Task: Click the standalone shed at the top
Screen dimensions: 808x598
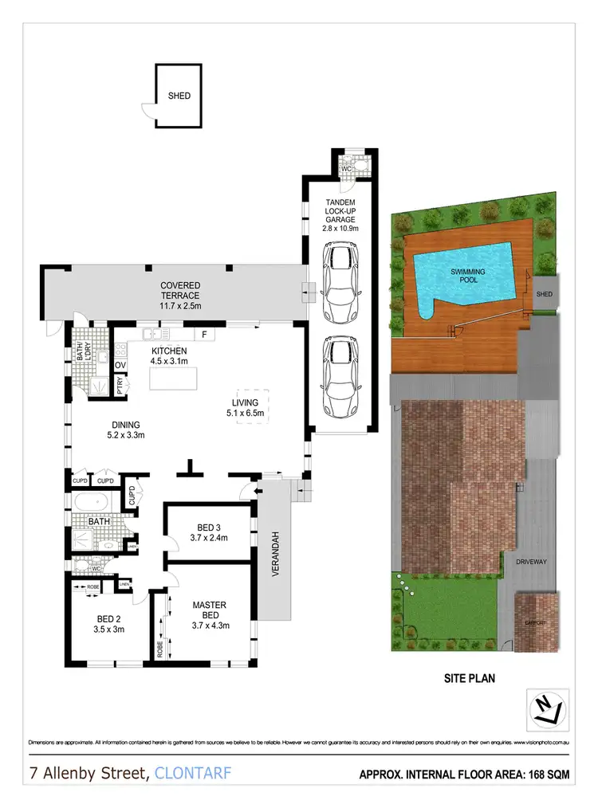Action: tap(179, 96)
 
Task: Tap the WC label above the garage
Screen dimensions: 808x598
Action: tap(347, 170)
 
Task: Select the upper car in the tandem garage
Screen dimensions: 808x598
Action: tap(340, 273)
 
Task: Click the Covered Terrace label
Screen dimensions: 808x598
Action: tap(180, 291)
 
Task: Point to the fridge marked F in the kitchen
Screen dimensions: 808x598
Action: tap(204, 335)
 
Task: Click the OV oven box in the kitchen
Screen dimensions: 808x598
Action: tap(121, 366)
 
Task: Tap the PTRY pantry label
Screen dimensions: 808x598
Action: tap(120, 386)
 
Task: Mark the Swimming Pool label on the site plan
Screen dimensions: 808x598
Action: tap(468, 277)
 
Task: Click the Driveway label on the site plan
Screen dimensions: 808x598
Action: tap(529, 562)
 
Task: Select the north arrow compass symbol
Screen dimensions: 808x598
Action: tap(546, 707)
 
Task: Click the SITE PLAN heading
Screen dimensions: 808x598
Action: tap(470, 679)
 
